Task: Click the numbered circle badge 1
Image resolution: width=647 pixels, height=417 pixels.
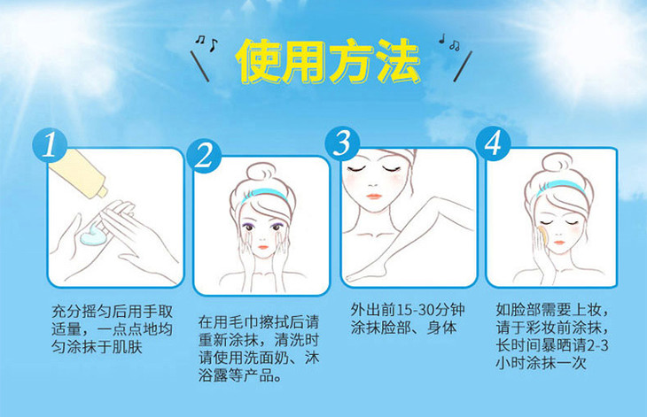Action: (50, 144)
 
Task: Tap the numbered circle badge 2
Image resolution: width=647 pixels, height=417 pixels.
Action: (204, 156)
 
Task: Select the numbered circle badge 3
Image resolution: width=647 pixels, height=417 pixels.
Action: (342, 143)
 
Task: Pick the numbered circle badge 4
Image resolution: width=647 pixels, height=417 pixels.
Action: (493, 143)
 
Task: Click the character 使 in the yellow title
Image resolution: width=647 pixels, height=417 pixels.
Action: (259, 61)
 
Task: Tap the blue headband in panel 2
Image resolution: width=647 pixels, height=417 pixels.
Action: (263, 193)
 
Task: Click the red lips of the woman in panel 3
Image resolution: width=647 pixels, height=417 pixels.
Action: (374, 197)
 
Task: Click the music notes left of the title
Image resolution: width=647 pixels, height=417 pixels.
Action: (206, 42)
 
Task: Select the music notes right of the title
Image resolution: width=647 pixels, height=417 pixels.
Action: (449, 42)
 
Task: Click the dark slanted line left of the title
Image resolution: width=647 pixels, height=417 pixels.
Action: (199, 66)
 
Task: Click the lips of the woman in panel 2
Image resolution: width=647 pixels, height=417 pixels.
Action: (263, 247)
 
